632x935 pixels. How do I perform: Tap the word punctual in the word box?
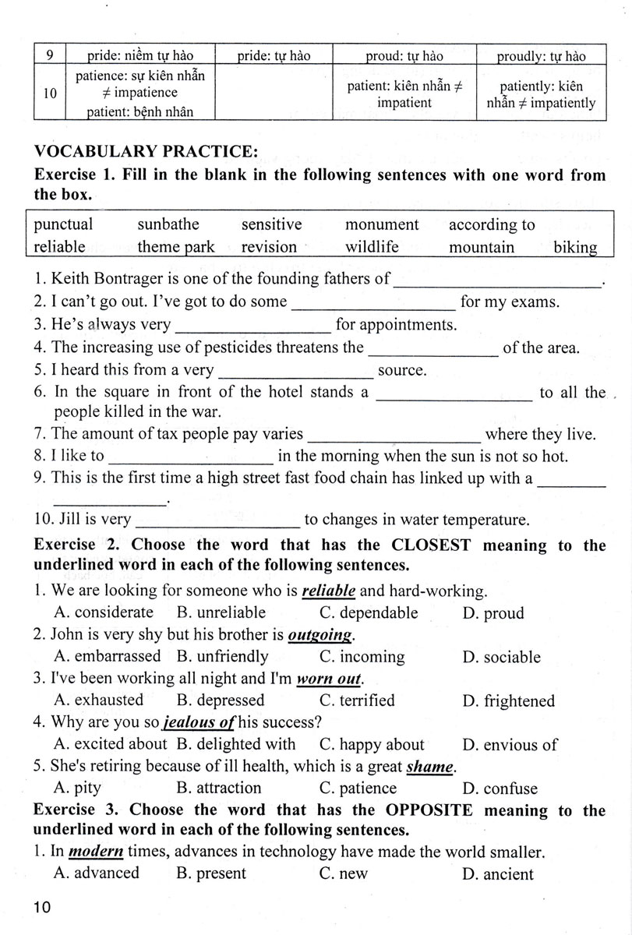tap(63, 224)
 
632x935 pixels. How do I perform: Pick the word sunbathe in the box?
tap(168, 224)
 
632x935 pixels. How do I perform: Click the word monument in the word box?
tap(382, 224)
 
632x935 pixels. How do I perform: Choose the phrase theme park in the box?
tap(176, 247)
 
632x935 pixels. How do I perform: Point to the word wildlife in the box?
tap(372, 247)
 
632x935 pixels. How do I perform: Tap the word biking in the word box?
tap(575, 247)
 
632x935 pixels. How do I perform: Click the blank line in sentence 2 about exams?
tap(372, 306)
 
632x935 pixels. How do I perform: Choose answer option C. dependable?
tap(369, 612)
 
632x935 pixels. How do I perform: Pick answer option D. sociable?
tap(501, 657)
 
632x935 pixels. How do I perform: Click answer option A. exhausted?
tap(99, 700)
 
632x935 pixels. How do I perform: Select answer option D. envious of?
tap(510, 744)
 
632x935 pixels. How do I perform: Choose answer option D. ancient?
tap(498, 873)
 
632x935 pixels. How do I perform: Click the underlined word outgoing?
tap(320, 635)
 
